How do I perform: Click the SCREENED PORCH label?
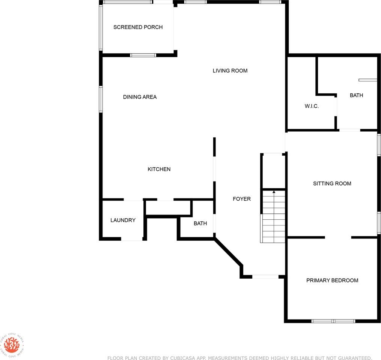click(138, 27)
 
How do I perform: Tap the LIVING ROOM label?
click(230, 70)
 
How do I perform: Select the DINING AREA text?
click(140, 97)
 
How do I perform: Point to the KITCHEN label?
click(159, 169)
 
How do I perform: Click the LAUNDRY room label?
click(123, 220)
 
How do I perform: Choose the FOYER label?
click(241, 199)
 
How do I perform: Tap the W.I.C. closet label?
click(312, 106)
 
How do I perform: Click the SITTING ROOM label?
click(332, 183)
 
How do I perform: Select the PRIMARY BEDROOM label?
click(332, 280)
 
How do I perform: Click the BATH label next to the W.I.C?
click(356, 95)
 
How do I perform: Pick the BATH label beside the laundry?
click(200, 223)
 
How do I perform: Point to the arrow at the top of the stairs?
click(274, 192)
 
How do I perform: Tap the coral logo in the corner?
click(11, 345)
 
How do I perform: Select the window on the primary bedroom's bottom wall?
click(333, 321)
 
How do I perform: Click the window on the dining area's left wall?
click(101, 99)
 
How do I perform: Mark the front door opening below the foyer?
click(265, 277)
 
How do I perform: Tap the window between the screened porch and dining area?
click(143, 55)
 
